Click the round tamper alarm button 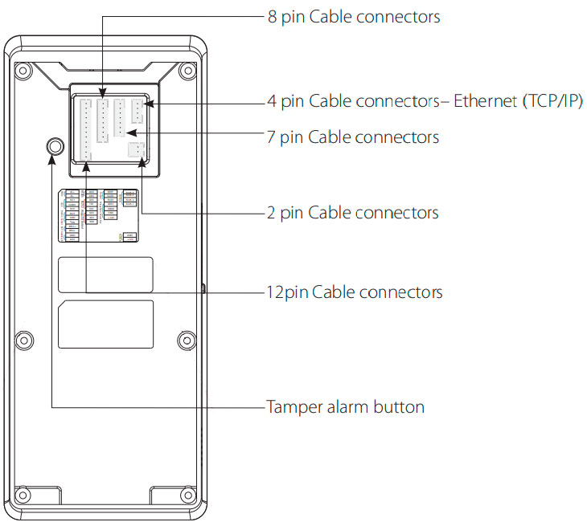tap(54, 147)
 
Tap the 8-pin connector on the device tap(103, 120)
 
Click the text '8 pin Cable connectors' tap(354, 16)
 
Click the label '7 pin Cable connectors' tap(353, 137)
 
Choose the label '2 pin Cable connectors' tap(353, 212)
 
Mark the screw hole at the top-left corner tap(25, 68)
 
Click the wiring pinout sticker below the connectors tap(101, 214)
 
